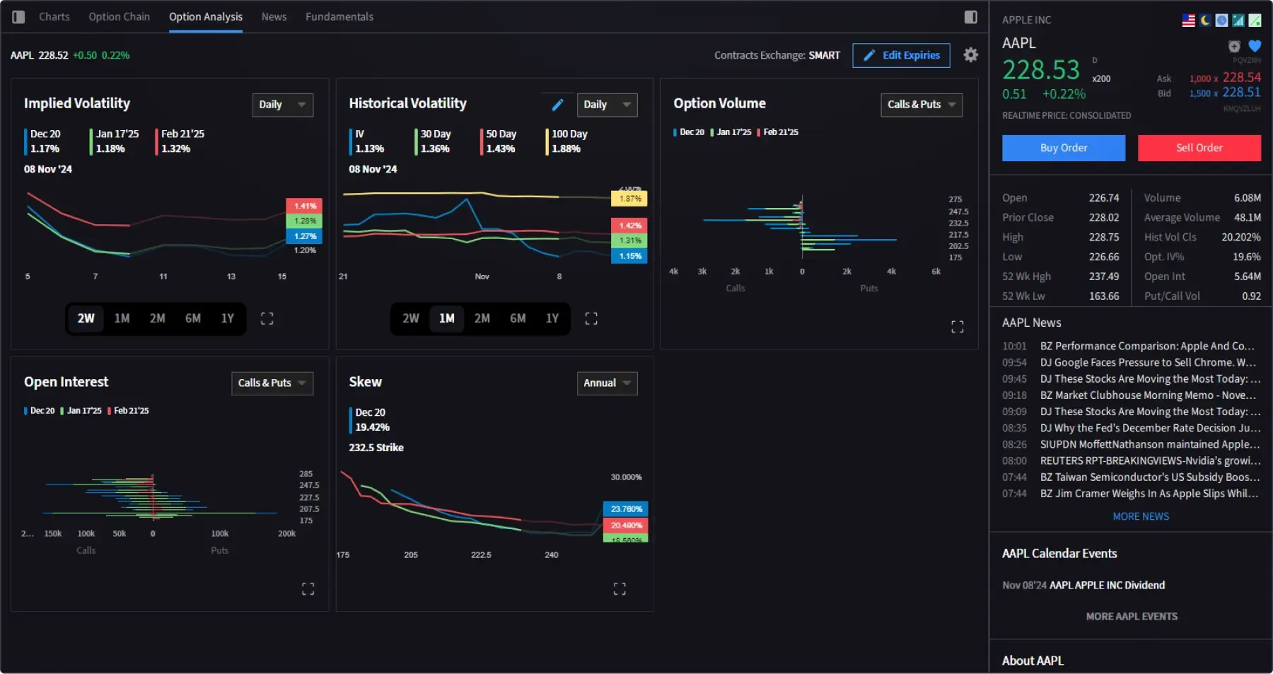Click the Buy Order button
[1063, 148]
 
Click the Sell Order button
[1199, 148]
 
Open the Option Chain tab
[119, 16]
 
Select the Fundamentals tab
[339, 16]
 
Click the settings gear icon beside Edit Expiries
[970, 54]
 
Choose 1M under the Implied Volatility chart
[122, 318]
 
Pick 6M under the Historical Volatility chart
[518, 318]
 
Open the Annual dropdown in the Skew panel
[607, 383]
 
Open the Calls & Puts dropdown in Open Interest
[272, 383]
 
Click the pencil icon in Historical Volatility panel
[557, 105]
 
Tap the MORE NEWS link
[1140, 516]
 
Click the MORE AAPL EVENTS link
[1132, 617]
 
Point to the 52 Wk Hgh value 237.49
[1103, 277]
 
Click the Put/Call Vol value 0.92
[1251, 296]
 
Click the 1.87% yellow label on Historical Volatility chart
[629, 199]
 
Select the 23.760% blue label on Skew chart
[626, 509]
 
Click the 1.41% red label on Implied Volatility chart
[305, 206]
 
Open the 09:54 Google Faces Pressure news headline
[1147, 362]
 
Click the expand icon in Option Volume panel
[957, 327]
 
